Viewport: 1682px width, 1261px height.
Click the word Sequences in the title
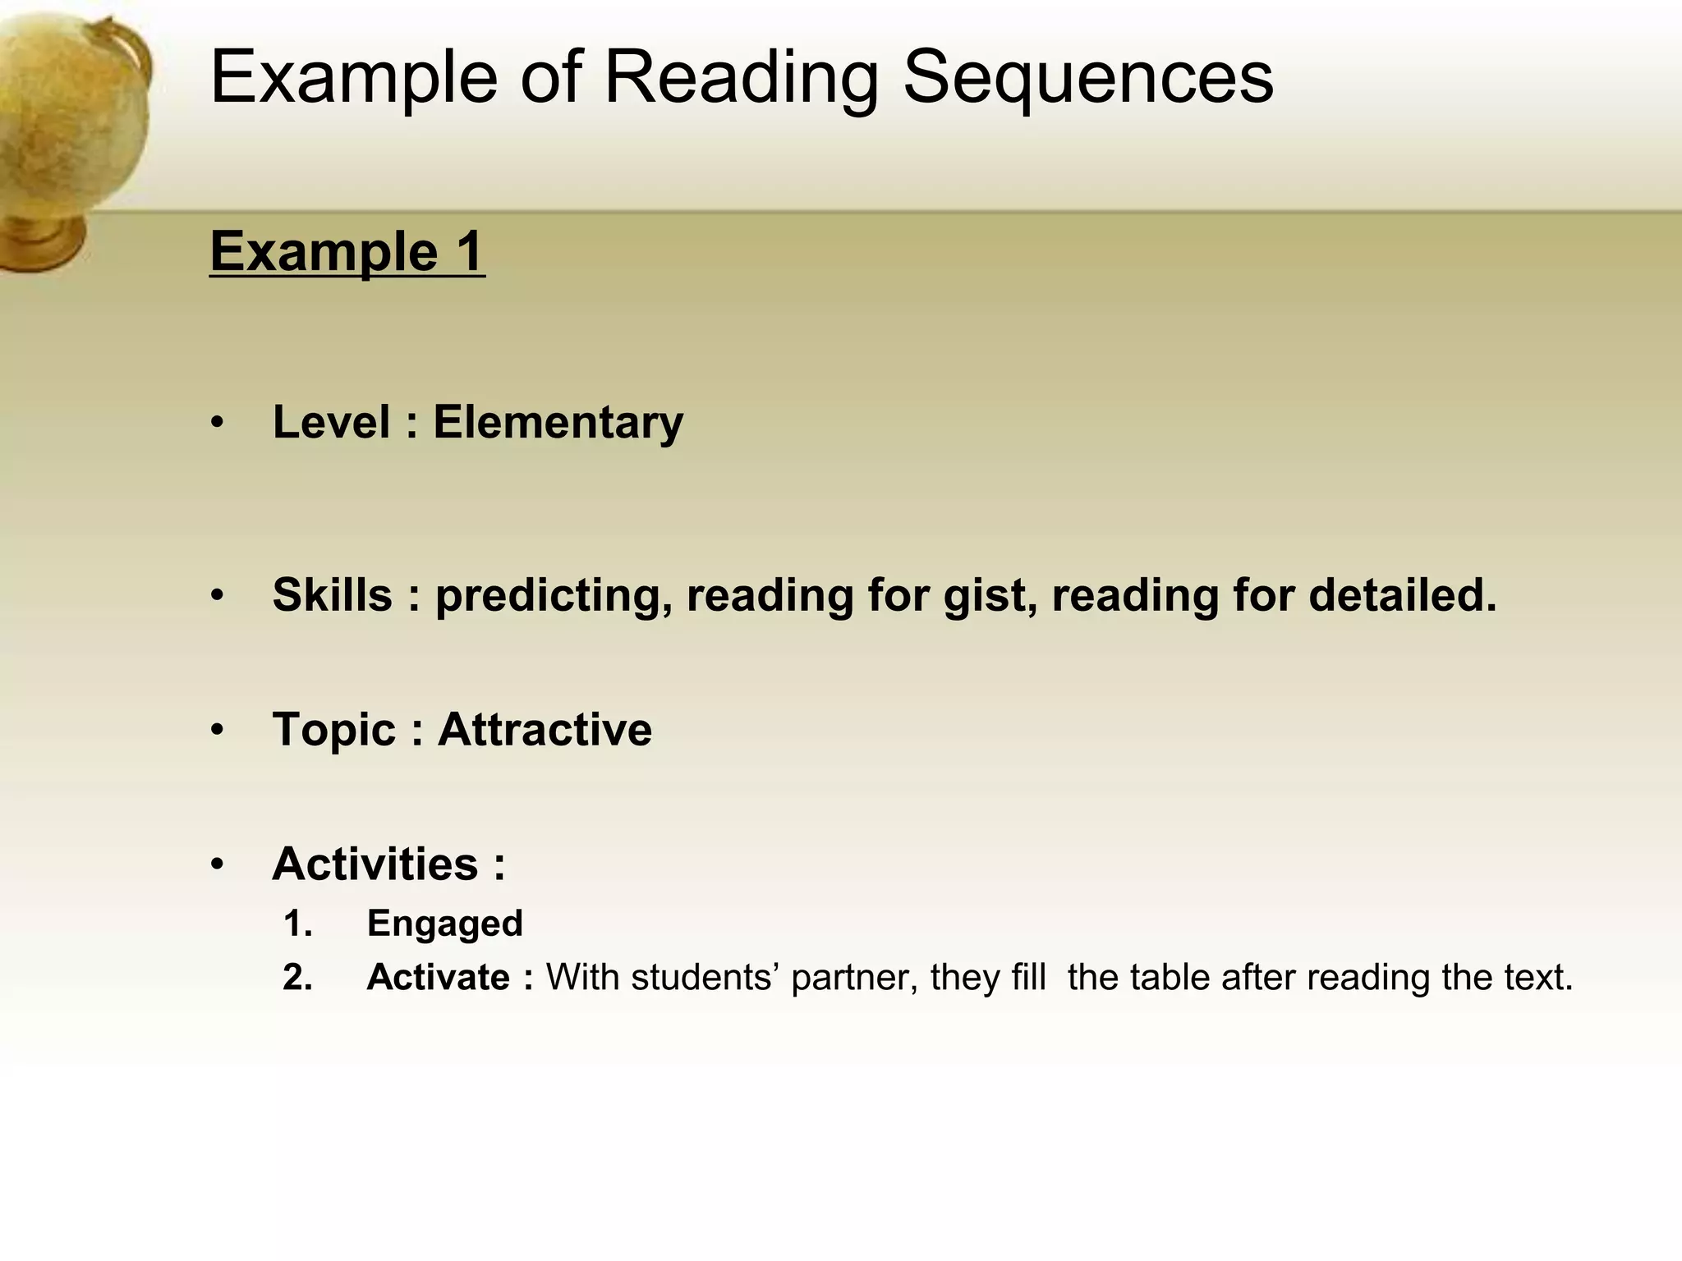(1087, 78)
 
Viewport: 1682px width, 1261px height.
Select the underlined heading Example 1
(347, 251)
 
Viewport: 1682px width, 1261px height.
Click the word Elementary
(558, 423)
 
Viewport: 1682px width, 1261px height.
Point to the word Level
(331, 423)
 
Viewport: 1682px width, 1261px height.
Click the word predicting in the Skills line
(549, 595)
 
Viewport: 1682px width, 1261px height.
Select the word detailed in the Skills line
(1402, 595)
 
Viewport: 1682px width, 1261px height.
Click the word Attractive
(545, 729)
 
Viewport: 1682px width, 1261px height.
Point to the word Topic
(334, 729)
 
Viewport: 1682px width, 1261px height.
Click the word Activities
(375, 864)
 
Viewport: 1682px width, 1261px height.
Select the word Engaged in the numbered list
(444, 924)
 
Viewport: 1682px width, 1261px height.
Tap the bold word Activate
(439, 978)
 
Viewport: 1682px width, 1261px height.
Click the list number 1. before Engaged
(297, 924)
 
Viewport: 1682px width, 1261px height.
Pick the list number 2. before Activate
(297, 978)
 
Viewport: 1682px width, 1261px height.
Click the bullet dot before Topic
(217, 730)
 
